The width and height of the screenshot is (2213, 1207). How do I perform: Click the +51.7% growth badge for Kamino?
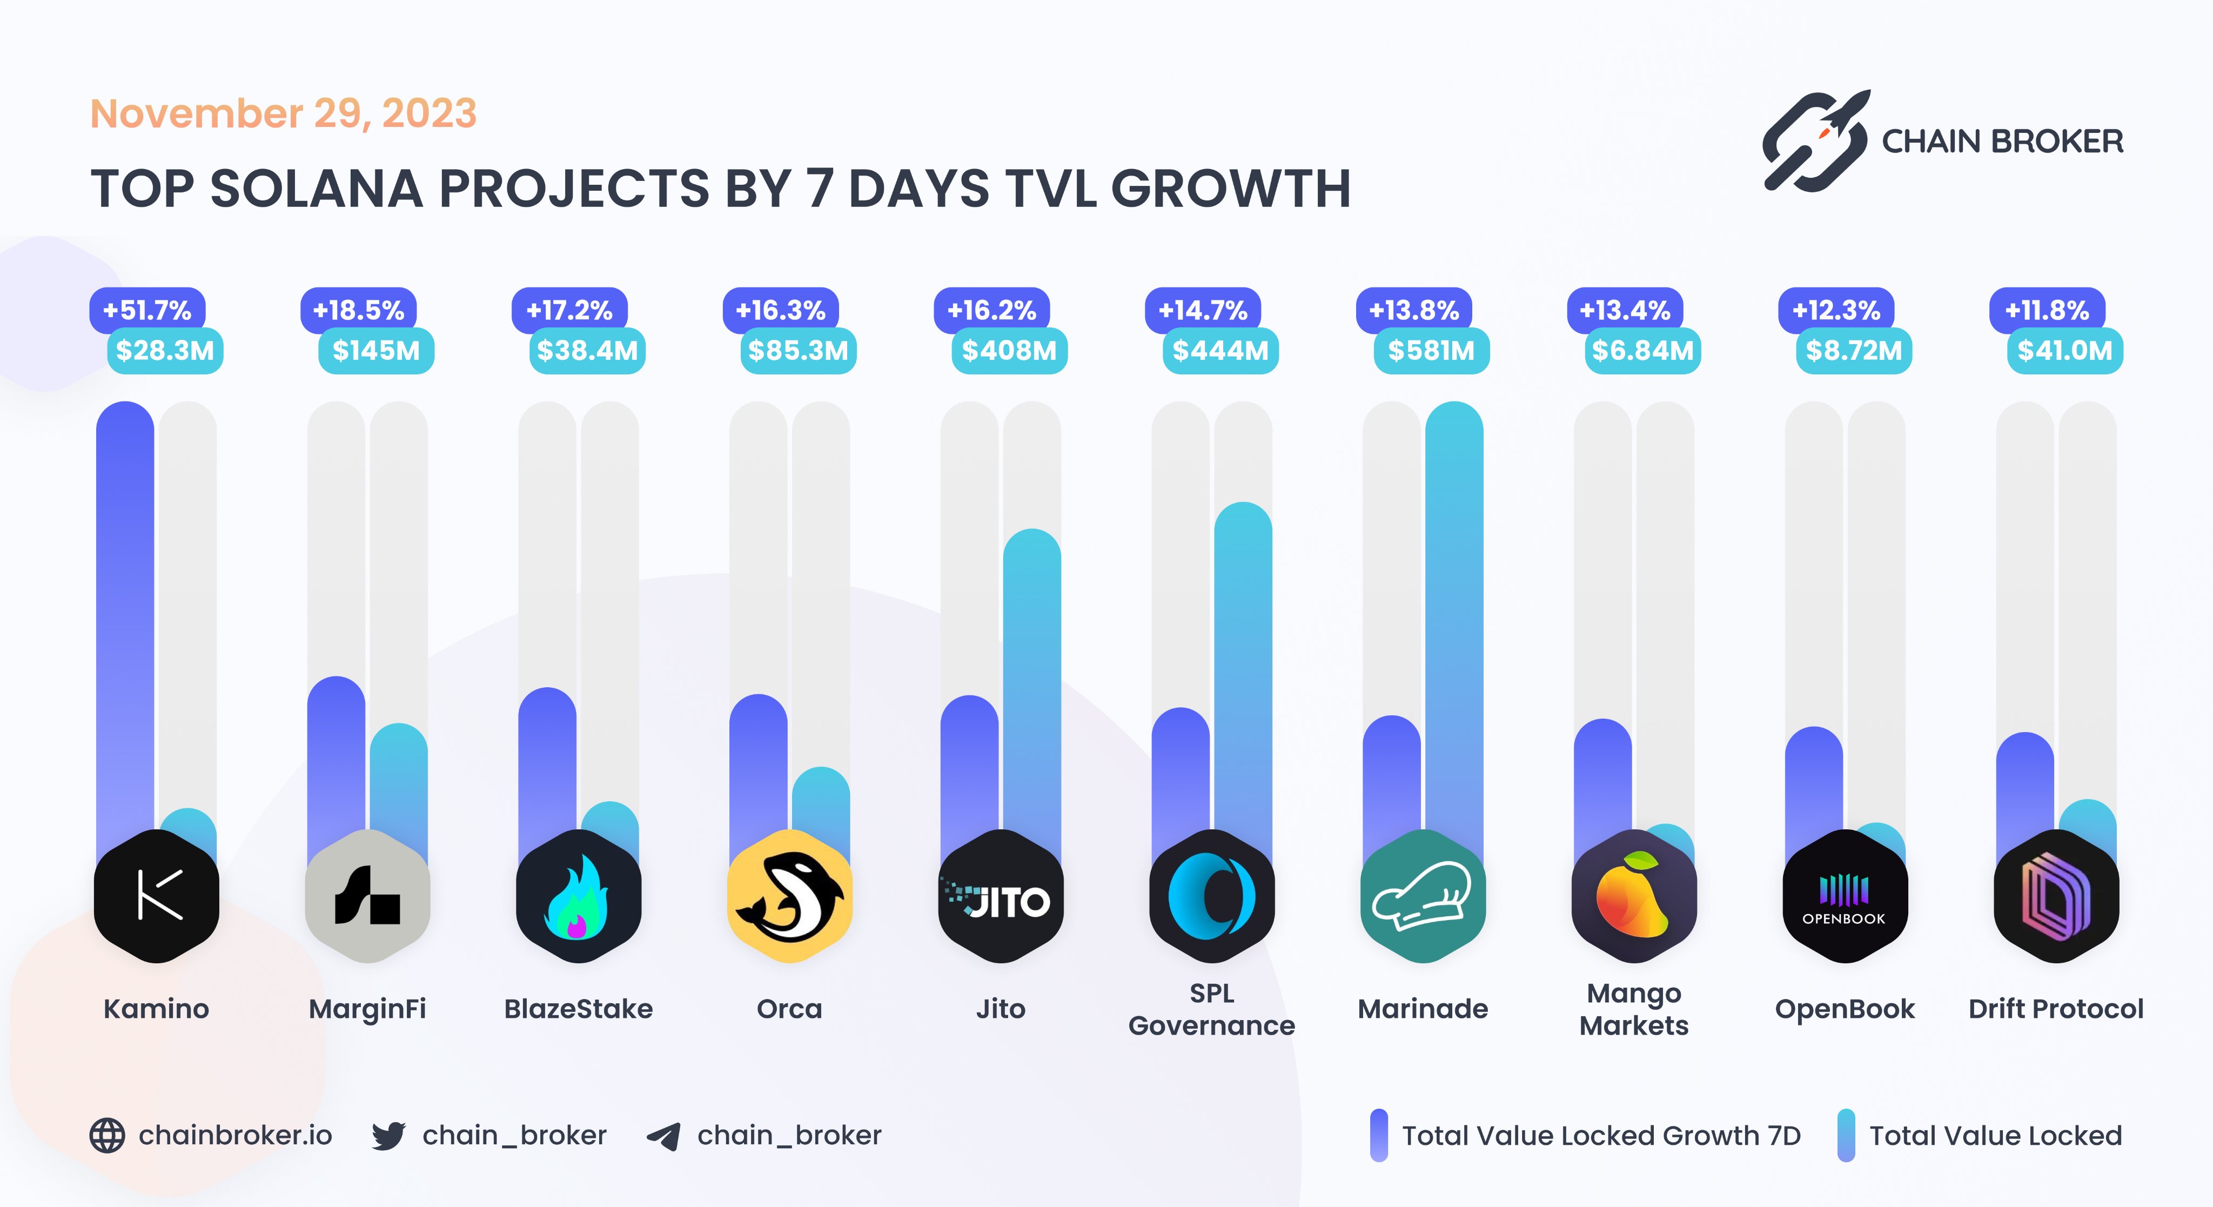point(147,310)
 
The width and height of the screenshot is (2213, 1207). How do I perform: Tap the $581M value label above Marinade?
point(1431,351)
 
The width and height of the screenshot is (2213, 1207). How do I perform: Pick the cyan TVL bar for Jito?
point(1032,687)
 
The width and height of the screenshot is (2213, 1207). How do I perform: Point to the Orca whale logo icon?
point(789,896)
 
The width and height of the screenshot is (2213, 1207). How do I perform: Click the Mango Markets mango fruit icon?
point(1633,896)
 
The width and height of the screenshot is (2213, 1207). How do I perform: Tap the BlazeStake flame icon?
point(578,896)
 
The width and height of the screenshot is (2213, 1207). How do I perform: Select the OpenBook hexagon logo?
point(1845,896)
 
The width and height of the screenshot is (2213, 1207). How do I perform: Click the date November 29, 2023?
point(284,113)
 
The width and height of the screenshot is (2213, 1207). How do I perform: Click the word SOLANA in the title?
point(316,189)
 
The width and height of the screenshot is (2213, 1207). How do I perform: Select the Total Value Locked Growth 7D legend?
point(1600,1136)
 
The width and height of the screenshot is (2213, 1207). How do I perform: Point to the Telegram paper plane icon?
point(664,1136)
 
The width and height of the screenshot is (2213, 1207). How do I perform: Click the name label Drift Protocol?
point(2056,1009)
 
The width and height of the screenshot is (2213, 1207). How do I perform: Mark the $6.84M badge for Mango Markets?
point(1642,351)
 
